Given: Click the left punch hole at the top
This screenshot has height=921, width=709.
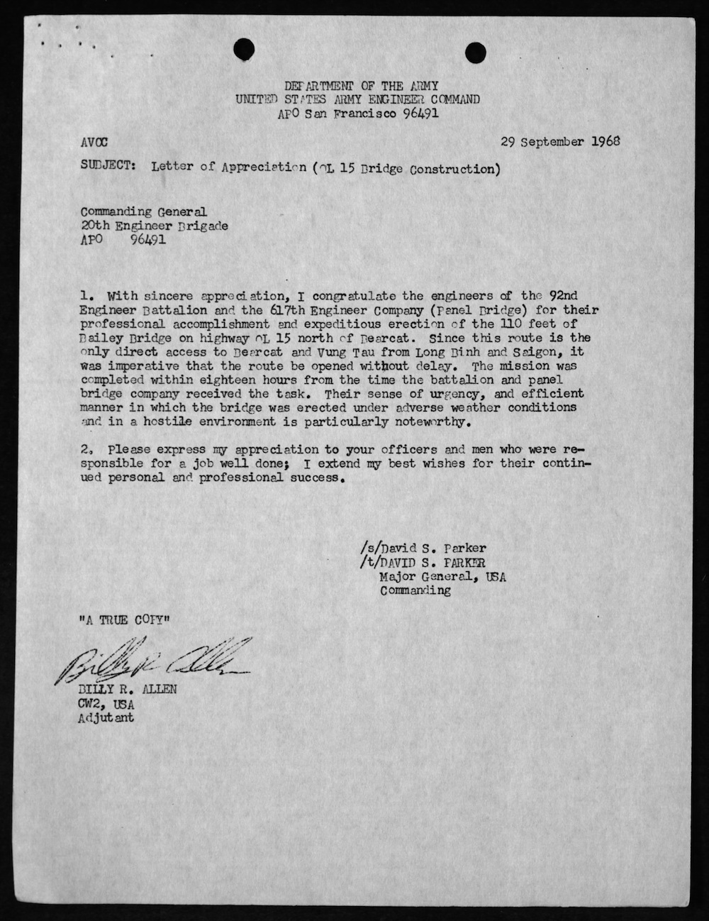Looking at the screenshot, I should point(244,48).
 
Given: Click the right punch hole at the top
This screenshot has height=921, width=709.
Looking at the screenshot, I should point(475,51).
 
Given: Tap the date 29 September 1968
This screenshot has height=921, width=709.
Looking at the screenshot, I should point(560,140).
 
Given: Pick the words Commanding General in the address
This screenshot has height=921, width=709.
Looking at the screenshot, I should point(143,211).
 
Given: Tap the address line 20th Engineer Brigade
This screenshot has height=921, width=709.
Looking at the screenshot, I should point(154,226).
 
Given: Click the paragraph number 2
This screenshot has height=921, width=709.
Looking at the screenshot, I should point(86,450).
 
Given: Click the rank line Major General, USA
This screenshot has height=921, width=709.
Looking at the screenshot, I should point(443,576).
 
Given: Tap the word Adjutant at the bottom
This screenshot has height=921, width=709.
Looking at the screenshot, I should point(106,717).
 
